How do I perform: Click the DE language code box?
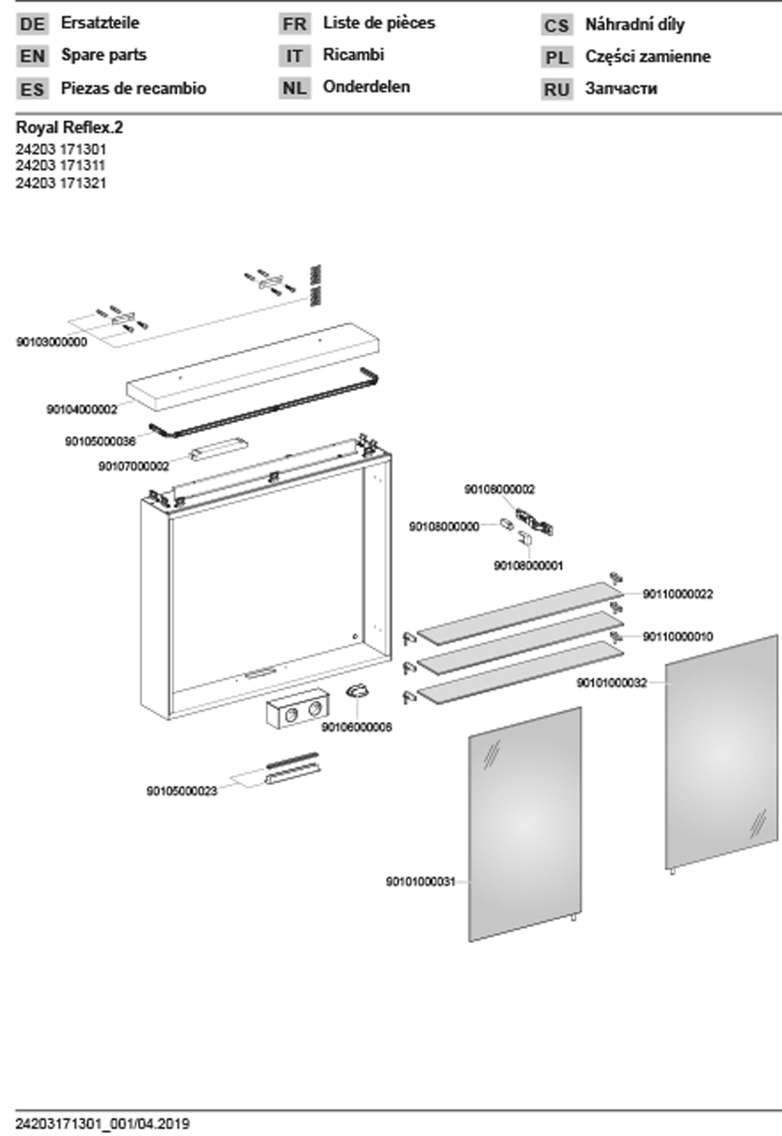(32, 24)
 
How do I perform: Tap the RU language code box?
(557, 90)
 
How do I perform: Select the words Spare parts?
(103, 55)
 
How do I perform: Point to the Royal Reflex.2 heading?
(69, 128)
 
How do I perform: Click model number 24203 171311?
(61, 166)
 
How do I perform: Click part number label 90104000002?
(82, 409)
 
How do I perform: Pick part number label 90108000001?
(528, 566)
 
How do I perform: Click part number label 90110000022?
(678, 594)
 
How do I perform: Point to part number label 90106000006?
(356, 727)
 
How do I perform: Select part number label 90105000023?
(181, 791)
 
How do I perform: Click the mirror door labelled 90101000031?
(524, 824)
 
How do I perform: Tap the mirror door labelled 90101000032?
(720, 750)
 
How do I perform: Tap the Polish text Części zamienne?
(647, 57)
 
